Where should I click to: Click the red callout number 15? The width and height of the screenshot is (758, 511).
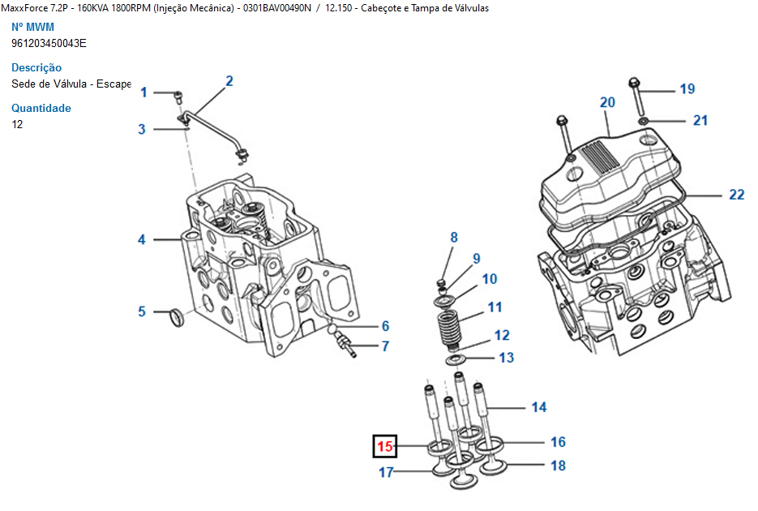383,446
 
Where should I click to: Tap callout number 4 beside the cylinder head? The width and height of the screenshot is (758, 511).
142,239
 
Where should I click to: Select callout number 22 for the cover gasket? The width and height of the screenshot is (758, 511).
736,195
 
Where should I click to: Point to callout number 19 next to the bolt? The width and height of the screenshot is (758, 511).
687,88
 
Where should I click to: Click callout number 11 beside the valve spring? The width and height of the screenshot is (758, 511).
495,307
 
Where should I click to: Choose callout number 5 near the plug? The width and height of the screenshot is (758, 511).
142,311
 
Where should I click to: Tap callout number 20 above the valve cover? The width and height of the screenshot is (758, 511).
607,102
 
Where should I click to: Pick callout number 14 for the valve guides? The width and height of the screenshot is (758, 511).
539,407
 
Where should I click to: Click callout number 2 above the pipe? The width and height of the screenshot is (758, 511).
229,80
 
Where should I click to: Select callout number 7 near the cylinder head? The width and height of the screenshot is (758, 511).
385,346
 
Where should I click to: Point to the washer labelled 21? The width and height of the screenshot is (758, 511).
643,121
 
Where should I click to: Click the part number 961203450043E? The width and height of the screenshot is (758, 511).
49,43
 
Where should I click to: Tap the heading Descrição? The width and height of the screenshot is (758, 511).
36,68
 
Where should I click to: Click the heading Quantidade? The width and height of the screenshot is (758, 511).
41,108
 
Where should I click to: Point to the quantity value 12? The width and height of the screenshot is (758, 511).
17,124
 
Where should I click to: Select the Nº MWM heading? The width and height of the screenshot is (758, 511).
32,27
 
